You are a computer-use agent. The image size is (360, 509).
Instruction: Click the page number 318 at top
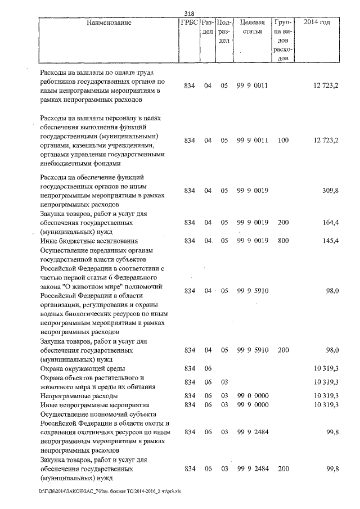click(x=188, y=15)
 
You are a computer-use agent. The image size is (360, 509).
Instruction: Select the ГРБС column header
click(x=189, y=23)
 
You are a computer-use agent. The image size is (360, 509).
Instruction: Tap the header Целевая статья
click(x=251, y=28)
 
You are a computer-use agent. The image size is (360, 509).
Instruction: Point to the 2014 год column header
click(x=316, y=23)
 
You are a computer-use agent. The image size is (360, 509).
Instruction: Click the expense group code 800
click(x=283, y=241)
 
